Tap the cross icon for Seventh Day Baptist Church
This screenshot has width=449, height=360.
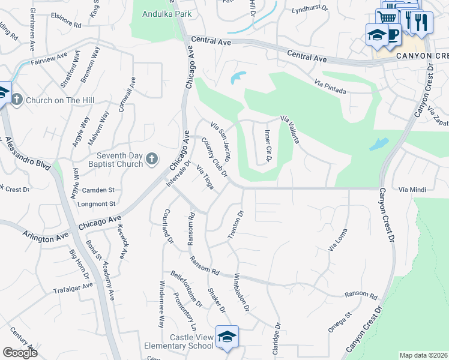pyautogui.click(x=152, y=159)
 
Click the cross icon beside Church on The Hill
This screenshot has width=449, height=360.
pyautogui.click(x=16, y=100)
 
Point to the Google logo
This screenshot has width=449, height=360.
pyautogui.click(x=20, y=353)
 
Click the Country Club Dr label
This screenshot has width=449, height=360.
pyautogui.click(x=215, y=157)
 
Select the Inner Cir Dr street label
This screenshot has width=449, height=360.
pyautogui.click(x=268, y=146)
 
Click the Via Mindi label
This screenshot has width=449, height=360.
pyautogui.click(x=412, y=190)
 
